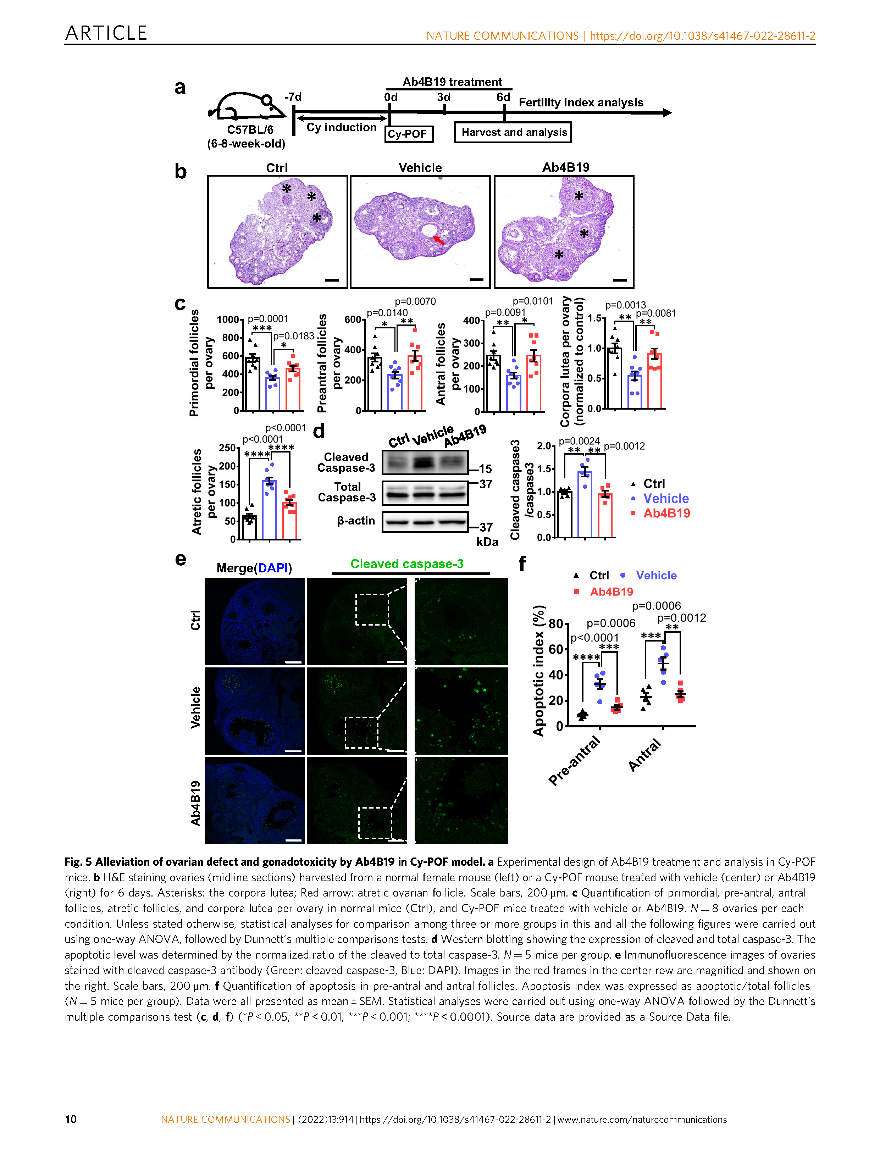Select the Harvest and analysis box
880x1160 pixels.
(x=513, y=132)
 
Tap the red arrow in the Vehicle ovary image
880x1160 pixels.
(x=438, y=240)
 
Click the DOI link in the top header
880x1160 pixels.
(x=702, y=36)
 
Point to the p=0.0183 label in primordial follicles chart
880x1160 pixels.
(x=294, y=335)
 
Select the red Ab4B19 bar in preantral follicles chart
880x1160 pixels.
(x=415, y=383)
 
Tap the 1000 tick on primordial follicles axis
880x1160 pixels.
(x=228, y=320)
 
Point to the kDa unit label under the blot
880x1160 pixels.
(x=487, y=542)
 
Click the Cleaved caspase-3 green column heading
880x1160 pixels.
(x=407, y=564)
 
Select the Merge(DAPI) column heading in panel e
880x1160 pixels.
(x=254, y=568)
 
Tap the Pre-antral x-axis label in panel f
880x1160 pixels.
(x=574, y=761)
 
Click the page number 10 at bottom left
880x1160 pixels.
(x=71, y=1119)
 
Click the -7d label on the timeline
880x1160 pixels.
(x=293, y=97)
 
